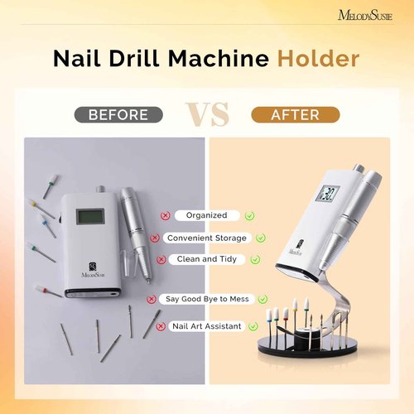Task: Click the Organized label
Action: (x=207, y=215)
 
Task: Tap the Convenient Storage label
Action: (x=206, y=238)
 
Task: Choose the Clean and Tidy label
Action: (x=207, y=258)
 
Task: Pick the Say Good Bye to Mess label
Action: (x=206, y=298)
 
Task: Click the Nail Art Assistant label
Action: (x=207, y=326)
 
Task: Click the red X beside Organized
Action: (x=166, y=215)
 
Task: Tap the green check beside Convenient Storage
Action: (x=261, y=238)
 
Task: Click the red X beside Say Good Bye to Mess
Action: (x=152, y=298)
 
